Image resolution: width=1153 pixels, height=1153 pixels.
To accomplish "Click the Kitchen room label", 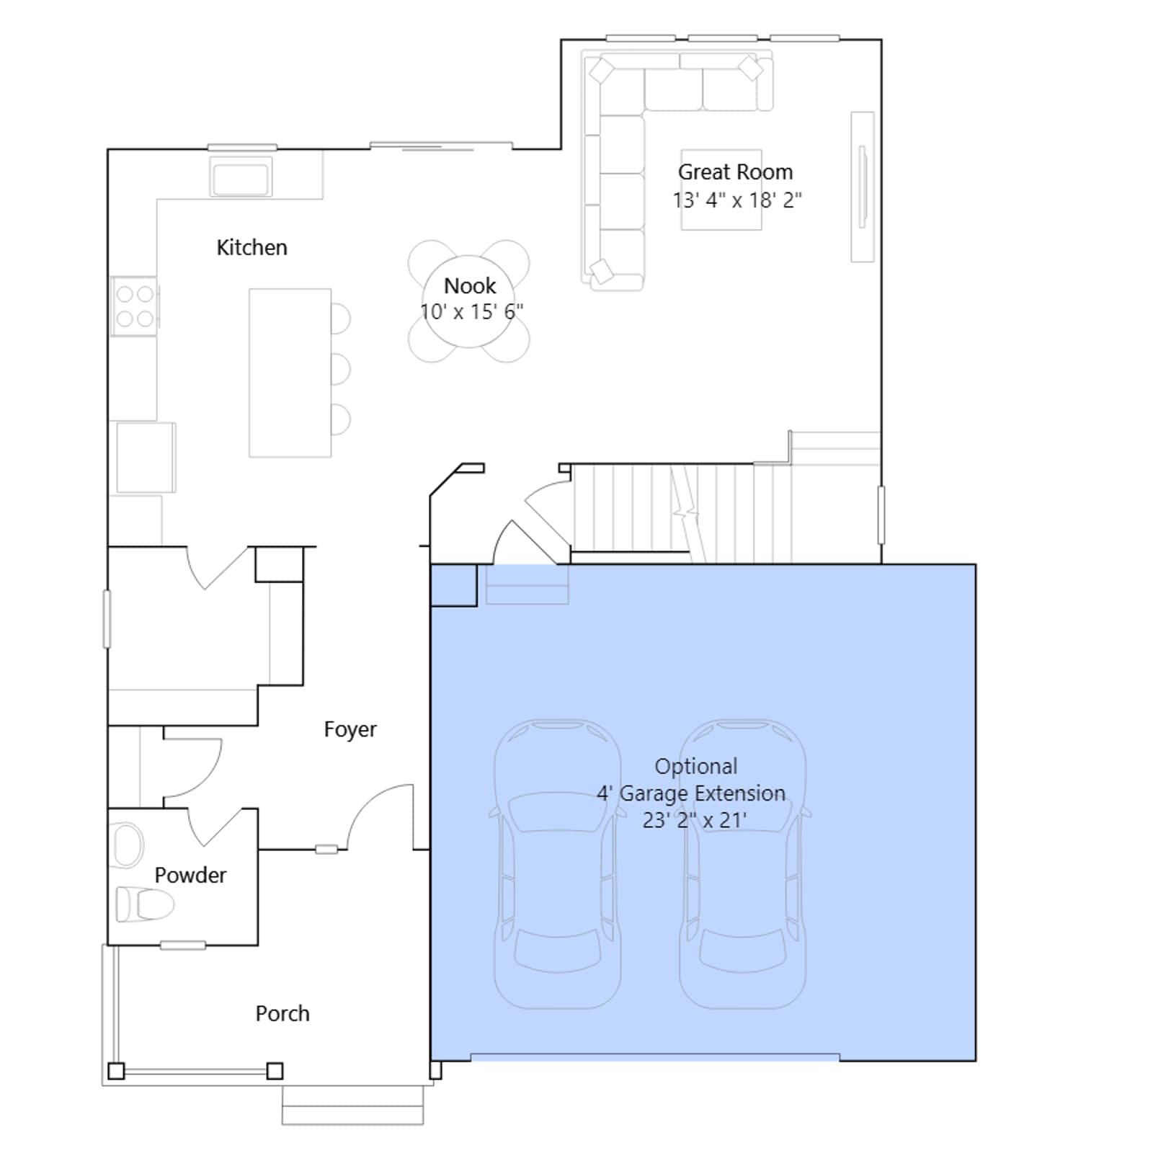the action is coord(251,248).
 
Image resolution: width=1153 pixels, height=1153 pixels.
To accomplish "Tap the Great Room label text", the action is coord(735,172).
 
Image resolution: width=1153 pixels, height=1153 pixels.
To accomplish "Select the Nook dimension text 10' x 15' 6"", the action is coord(471,312).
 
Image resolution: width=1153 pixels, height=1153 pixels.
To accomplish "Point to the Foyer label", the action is coord(350,730).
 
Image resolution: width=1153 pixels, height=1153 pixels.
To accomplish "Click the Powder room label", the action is coord(190,876).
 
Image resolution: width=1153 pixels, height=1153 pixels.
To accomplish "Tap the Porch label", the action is coord(282,1014).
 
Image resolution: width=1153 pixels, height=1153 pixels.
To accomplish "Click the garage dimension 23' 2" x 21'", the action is coord(694,820).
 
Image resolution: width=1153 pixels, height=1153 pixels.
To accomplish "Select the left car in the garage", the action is coord(557,863).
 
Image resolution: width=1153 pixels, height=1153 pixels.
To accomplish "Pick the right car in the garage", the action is coord(743,863).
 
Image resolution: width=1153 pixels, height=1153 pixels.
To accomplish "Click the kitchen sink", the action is coord(241,177).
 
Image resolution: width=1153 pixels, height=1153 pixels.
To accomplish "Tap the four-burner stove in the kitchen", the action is coord(135,306).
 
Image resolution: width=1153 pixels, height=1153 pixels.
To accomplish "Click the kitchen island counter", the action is coord(290,373).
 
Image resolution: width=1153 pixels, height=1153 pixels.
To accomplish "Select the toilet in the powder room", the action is coord(145,904).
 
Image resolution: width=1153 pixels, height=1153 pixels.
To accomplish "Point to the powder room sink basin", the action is coord(128,845).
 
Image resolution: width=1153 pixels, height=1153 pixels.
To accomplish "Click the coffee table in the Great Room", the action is coord(721,190).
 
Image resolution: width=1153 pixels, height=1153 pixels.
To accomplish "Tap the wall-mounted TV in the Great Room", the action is coord(862,187).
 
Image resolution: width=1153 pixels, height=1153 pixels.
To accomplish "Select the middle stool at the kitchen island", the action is coord(341,369).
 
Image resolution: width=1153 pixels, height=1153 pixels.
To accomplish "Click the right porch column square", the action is coord(275,1071).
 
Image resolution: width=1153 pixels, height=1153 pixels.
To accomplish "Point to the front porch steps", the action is coord(352,1105).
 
